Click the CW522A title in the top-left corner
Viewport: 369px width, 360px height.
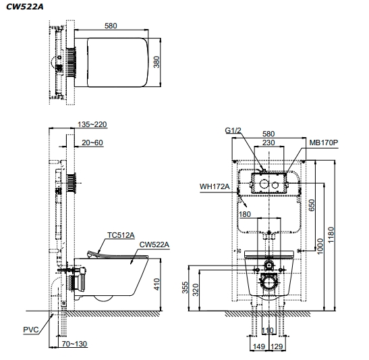click(25, 7)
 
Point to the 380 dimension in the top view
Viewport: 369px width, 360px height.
click(157, 62)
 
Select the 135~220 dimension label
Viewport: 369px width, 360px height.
click(92, 124)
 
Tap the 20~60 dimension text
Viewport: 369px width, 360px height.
click(92, 143)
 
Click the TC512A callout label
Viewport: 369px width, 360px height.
click(121, 235)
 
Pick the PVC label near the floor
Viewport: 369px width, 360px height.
click(31, 330)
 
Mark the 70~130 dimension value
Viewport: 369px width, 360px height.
click(74, 344)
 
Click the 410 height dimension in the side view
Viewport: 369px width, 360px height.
click(157, 284)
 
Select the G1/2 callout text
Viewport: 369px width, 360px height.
click(233, 130)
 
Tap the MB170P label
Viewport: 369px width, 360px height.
click(324, 143)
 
